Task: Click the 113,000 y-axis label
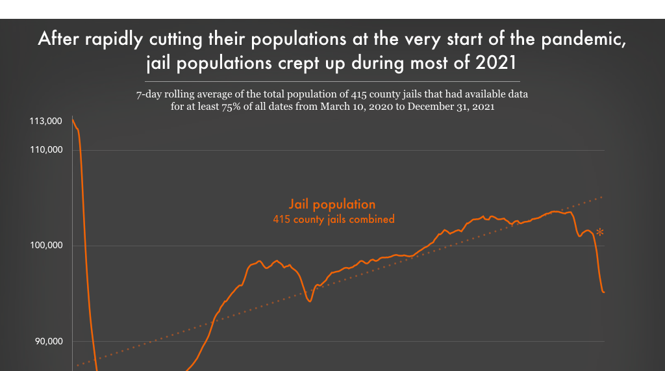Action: click(x=46, y=121)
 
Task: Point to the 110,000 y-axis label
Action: click(x=46, y=150)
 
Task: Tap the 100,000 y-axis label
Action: click(x=46, y=246)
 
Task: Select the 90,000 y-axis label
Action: click(x=48, y=342)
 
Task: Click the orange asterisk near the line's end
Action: click(x=600, y=233)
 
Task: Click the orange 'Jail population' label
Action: click(x=332, y=204)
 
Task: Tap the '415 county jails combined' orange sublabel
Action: click(x=334, y=220)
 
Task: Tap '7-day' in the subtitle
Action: click(x=149, y=95)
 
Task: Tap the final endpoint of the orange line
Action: click(x=604, y=292)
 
